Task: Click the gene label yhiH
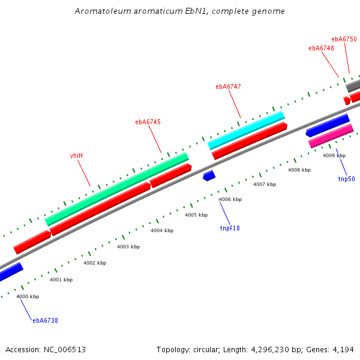[x=76, y=155]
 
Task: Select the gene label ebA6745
[x=148, y=122]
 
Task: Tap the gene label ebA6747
[x=228, y=86]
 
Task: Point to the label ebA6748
[x=321, y=48]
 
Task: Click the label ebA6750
[x=344, y=39]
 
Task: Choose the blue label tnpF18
[x=230, y=227]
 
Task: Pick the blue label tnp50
[x=346, y=179]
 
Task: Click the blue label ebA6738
[x=46, y=320]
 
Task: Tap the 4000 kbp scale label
[x=28, y=296]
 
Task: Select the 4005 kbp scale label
[x=196, y=215]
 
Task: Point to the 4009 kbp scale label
[x=334, y=155]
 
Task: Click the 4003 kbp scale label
[x=128, y=247]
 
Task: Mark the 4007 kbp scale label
[x=265, y=184]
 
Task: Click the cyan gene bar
[x=246, y=130]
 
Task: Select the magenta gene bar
[x=331, y=136]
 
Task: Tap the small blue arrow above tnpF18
[x=209, y=175]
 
